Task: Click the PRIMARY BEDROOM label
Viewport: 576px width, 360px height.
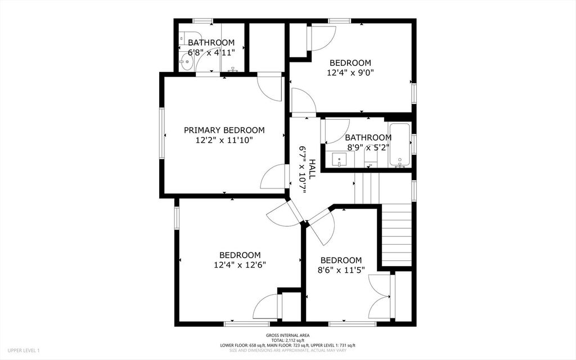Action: [224, 130]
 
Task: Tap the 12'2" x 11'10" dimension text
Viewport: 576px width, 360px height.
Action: [224, 140]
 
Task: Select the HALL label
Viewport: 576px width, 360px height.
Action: [312, 169]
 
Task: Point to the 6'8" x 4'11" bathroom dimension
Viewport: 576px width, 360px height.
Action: [211, 52]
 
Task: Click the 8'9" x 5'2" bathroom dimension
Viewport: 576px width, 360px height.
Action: [368, 147]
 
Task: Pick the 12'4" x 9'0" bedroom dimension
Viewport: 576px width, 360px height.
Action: [350, 73]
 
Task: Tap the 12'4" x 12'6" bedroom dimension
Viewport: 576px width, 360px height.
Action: [240, 265]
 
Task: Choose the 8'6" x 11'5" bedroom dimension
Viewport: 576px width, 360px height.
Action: [341, 271]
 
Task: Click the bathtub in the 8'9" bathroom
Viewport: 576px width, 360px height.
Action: [400, 145]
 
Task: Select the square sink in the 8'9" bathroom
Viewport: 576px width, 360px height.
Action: [339, 160]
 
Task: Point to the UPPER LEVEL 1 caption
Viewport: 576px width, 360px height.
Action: [24, 350]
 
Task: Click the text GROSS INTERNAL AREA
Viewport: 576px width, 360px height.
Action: [287, 335]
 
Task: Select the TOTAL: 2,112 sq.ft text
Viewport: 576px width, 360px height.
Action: [287, 340]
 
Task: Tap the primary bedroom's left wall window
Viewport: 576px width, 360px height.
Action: [161, 133]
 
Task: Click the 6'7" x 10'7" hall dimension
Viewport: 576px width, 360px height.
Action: [302, 169]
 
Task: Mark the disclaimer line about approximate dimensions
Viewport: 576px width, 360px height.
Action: [287, 350]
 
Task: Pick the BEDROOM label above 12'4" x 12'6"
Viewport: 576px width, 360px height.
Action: [240, 255]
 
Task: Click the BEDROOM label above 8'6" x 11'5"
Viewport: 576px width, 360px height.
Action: [341, 260]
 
